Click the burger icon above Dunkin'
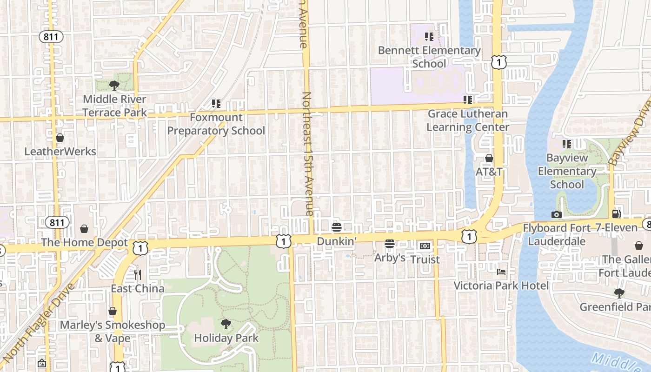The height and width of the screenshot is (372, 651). coord(337,227)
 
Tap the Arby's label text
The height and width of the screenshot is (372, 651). coord(390,258)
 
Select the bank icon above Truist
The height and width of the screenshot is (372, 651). coord(425,246)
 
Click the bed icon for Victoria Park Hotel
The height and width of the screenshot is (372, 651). coord(501,272)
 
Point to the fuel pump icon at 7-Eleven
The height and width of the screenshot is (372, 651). coord(617,214)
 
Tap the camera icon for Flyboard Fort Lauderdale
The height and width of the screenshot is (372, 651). coord(556,214)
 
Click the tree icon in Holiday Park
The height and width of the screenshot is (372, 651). coord(226,324)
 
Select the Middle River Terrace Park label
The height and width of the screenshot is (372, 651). coord(114,106)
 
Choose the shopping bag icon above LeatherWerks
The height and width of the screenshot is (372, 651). coord(60,138)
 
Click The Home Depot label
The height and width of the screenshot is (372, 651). coord(84,242)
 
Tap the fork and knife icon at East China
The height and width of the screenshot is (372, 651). coord(137,274)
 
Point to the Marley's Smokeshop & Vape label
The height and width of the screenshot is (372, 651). coord(112,331)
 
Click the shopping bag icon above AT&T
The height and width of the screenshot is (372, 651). coord(489,158)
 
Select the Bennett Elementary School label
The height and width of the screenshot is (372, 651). coord(429,57)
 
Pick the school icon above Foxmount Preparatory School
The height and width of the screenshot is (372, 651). coord(216,103)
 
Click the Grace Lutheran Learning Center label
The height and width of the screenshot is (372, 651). coord(468,120)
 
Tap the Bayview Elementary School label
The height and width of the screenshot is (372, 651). coord(567,171)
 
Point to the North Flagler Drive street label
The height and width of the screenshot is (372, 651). coord(38,324)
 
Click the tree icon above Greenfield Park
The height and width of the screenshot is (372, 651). coord(619,293)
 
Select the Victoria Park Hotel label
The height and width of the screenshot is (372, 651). coord(501,286)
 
